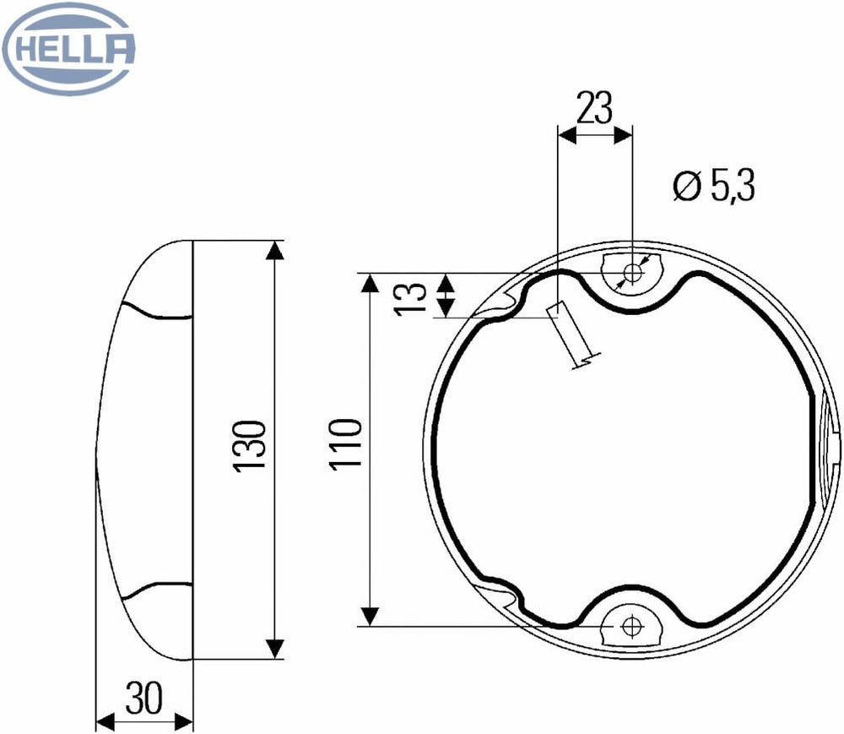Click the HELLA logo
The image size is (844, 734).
[68, 48]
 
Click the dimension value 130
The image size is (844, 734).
[249, 447]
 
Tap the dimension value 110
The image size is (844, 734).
[345, 445]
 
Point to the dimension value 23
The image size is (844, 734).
[594, 108]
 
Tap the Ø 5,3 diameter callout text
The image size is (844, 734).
[714, 186]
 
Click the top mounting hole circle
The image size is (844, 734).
[633, 273]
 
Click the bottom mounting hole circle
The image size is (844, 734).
[630, 626]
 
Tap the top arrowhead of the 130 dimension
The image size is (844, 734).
[275, 250]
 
